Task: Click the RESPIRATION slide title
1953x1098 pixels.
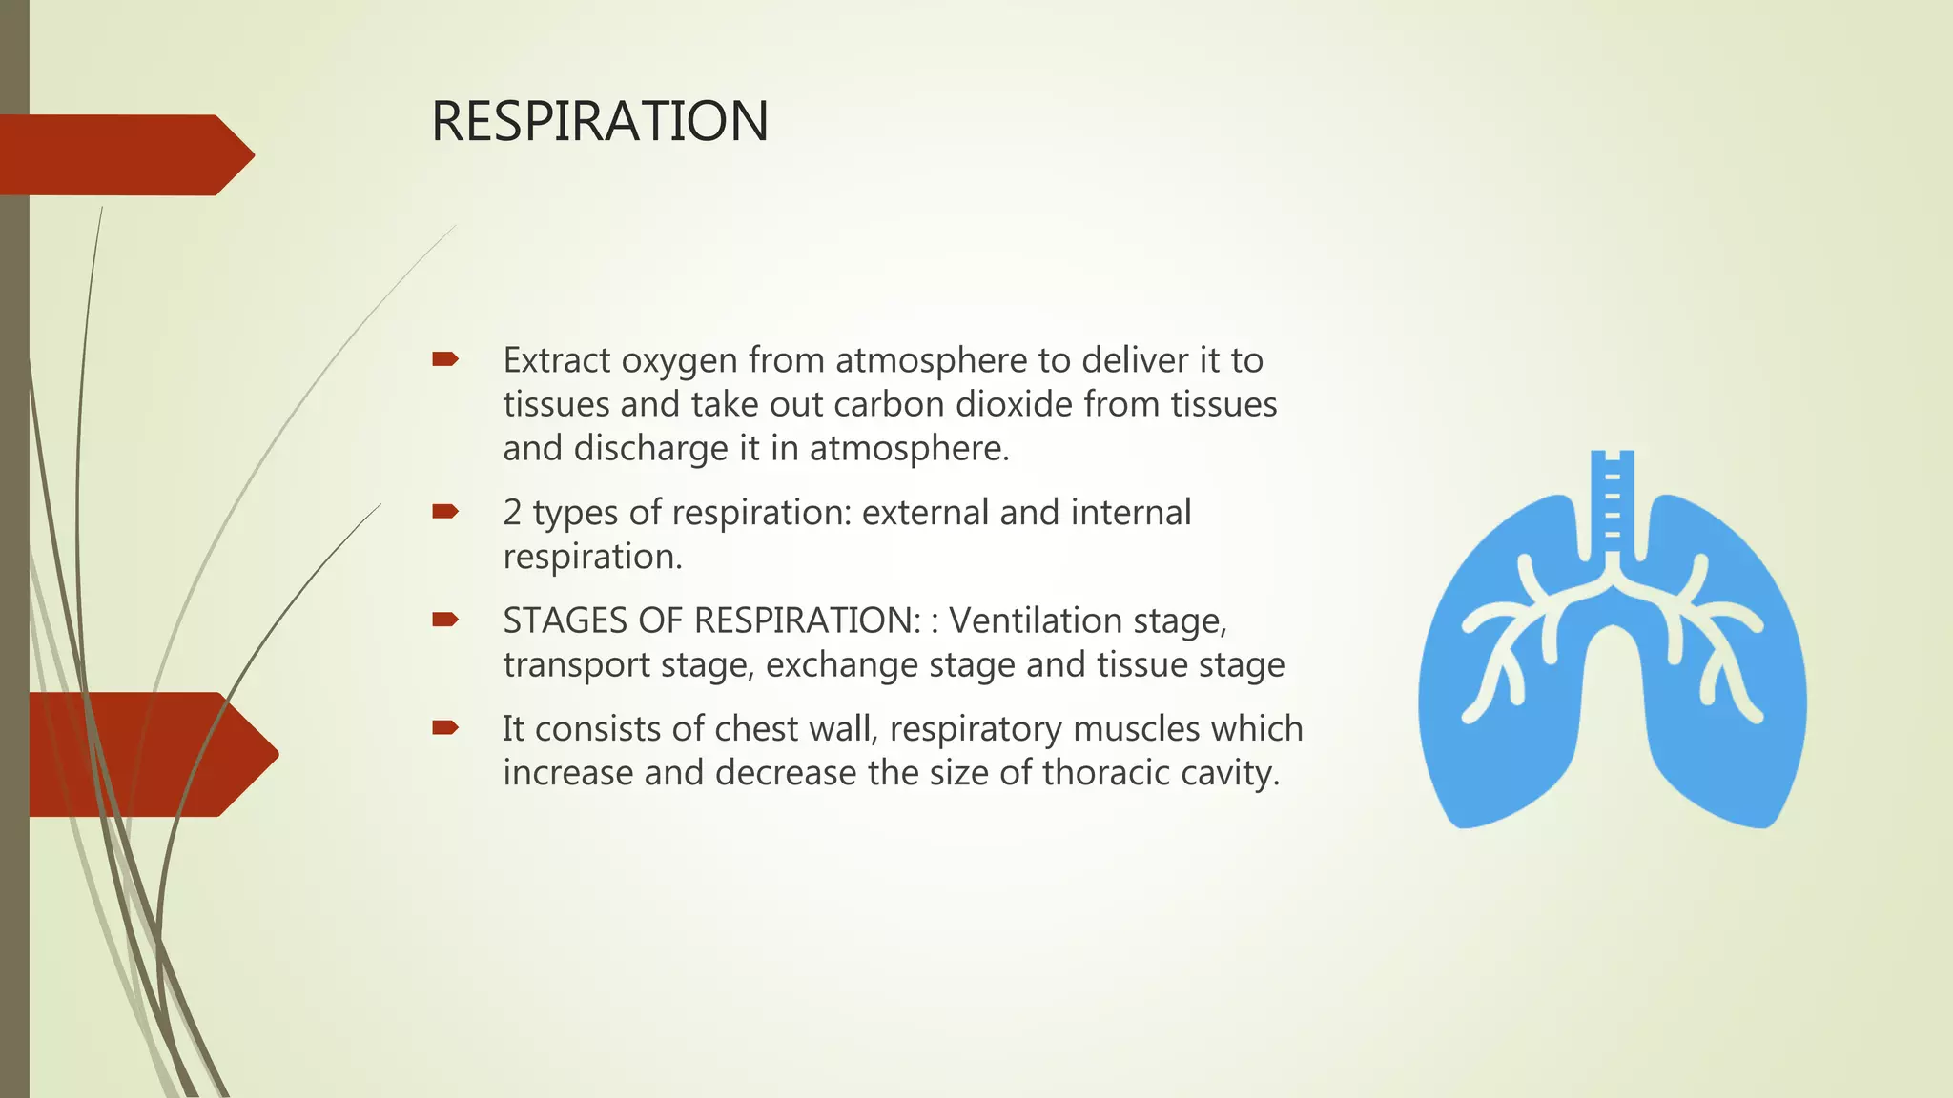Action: [x=599, y=122]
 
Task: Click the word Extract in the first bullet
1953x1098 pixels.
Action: [x=556, y=361]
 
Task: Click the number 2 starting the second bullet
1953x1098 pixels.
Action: [x=512, y=513]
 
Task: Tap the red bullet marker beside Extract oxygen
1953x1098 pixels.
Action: [x=444, y=359]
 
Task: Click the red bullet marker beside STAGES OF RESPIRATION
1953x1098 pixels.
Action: [x=444, y=620]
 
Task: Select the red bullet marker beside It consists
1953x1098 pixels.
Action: [x=444, y=728]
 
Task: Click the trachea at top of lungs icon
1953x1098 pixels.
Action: [x=1612, y=500]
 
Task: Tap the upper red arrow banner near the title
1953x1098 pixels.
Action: [x=124, y=155]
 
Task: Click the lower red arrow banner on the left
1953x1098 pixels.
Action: [x=143, y=754]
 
